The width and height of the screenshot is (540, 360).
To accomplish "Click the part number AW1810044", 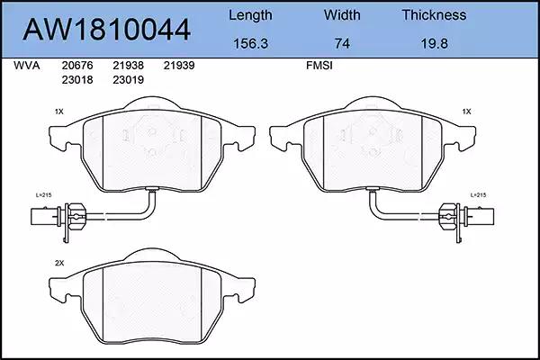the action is pyautogui.click(x=106, y=30).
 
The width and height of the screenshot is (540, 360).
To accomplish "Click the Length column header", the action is pyautogui.click(x=250, y=15).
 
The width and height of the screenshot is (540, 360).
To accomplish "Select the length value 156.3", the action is pyautogui.click(x=250, y=44).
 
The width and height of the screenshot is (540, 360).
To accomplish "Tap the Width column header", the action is pyautogui.click(x=342, y=14).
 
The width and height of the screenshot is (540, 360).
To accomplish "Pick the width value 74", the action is pyautogui.click(x=342, y=44).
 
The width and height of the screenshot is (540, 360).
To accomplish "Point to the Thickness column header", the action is pyautogui.click(x=434, y=14).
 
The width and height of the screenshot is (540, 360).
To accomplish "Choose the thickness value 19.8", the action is pyautogui.click(x=434, y=44).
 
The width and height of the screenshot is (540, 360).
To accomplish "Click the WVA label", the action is pyautogui.click(x=26, y=66).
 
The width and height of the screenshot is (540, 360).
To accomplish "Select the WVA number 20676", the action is pyautogui.click(x=77, y=66).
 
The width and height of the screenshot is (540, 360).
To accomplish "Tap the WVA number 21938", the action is pyautogui.click(x=128, y=66).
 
